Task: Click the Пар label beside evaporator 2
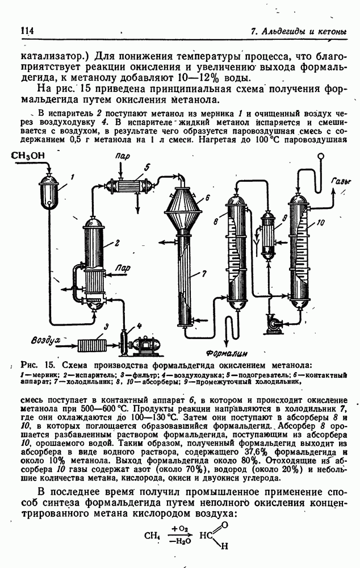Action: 121,268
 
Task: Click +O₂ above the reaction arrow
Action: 179,529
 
